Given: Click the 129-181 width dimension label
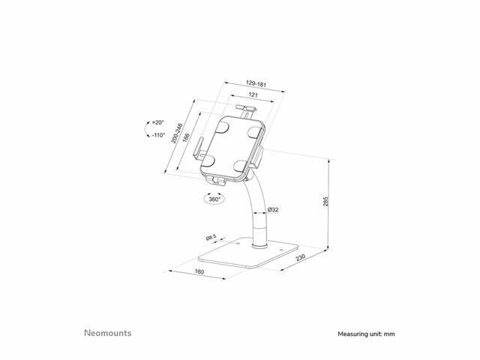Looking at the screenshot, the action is point(256,83).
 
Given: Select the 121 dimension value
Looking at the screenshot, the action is point(253,95).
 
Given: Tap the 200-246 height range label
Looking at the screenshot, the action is point(177,133).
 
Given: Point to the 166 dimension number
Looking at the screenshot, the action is point(186,138).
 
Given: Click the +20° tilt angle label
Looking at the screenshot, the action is point(158,122).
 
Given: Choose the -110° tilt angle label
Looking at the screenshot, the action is point(158,135).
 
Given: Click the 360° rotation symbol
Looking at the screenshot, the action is point(214,199).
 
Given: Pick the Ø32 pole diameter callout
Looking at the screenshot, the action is point(273,210).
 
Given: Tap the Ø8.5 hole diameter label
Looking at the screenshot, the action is point(211,237).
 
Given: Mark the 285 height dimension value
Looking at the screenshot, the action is point(325,202).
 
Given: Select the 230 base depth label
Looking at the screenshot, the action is point(301,258).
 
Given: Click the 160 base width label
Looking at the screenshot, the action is point(199,271).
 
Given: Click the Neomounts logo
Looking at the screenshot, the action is point(108,333).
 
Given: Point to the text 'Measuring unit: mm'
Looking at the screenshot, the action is point(366,334).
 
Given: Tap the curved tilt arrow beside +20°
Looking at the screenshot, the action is point(147,129).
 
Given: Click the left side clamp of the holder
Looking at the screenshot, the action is point(198,148).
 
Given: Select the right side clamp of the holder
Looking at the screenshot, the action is point(257,157).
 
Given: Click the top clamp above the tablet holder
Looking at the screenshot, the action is point(246,110).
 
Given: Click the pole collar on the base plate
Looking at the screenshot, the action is point(259,245).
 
